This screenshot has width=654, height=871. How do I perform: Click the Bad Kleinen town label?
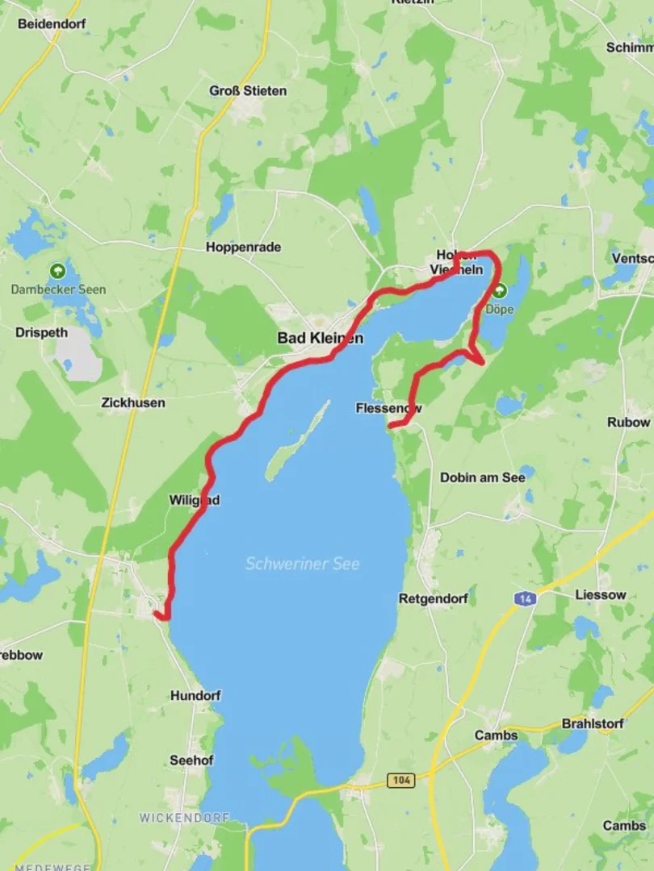click(x=320, y=338)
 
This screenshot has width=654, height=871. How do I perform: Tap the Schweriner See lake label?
click(x=302, y=564)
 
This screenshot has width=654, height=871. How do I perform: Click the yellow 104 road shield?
click(x=400, y=780)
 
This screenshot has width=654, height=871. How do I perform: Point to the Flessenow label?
click(x=388, y=409)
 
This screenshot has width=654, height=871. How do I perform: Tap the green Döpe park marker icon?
click(x=499, y=290)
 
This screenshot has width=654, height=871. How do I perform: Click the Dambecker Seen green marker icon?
click(x=57, y=271)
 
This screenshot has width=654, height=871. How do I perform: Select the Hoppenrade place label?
click(x=243, y=248)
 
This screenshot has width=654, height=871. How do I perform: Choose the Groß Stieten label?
click(x=248, y=91)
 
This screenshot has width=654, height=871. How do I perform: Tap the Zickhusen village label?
click(x=133, y=402)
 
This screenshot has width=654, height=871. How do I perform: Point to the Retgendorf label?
click(x=433, y=599)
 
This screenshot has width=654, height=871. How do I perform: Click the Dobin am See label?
click(x=482, y=477)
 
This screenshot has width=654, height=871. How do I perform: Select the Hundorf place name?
click(x=195, y=695)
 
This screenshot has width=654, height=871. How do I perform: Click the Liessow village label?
click(x=600, y=594)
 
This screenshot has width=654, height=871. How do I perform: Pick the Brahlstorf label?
click(x=593, y=723)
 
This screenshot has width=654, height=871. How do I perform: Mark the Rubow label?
click(x=628, y=422)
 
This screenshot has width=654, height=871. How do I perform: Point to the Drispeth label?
click(x=41, y=332)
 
